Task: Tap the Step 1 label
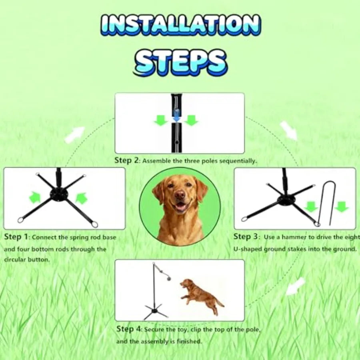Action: (x=16, y=237)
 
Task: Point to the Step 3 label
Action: (x=247, y=236)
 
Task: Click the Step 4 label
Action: (x=128, y=329)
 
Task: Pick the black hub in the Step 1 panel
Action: (x=59, y=195)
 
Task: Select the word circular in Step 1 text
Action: (x=14, y=260)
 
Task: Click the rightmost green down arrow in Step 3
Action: (x=341, y=207)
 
